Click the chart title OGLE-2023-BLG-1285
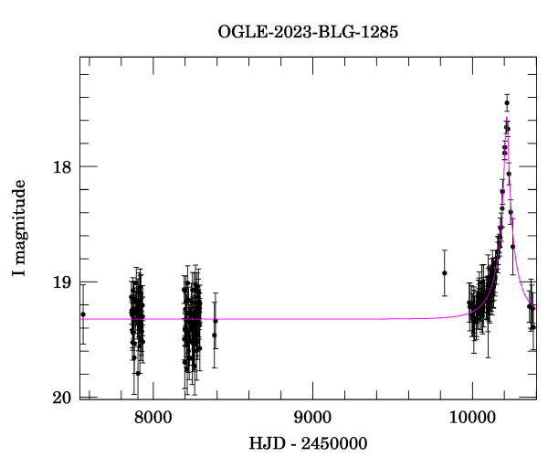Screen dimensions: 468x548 tap(308, 31)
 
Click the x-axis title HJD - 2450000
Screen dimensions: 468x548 tap(308, 444)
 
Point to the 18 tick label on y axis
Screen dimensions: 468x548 tap(62, 166)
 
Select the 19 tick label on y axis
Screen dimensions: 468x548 tap(62, 282)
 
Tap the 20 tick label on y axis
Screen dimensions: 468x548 tap(62, 397)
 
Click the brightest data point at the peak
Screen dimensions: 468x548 tap(507, 102)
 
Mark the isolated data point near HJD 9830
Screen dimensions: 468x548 tap(445, 272)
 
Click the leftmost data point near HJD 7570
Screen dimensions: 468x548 tap(83, 314)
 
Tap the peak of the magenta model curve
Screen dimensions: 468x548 tap(507, 118)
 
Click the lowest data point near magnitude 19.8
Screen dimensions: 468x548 tap(138, 373)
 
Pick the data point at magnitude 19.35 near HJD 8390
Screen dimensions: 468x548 tap(216, 321)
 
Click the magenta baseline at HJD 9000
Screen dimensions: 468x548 tap(312, 319)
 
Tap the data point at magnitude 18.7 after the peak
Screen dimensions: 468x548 tap(513, 246)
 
